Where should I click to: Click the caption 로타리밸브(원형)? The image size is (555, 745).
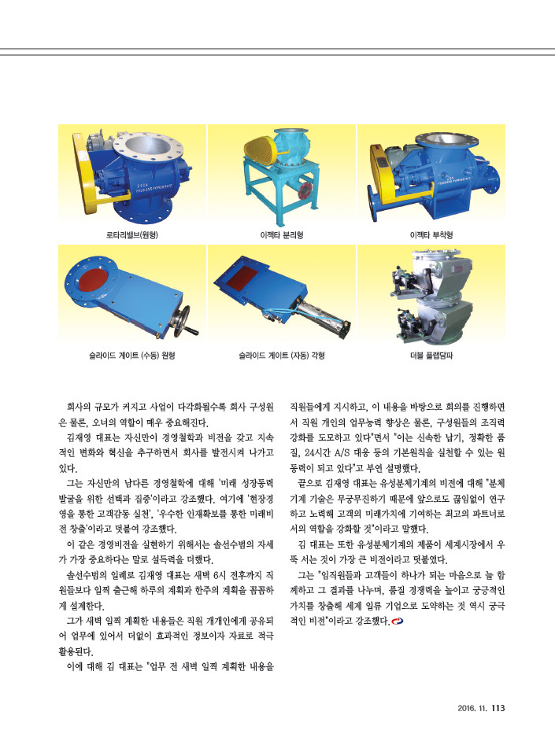coord(131,235)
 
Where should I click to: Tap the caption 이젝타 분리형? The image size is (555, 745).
coord(282,235)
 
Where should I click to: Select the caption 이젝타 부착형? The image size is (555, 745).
coord(431,235)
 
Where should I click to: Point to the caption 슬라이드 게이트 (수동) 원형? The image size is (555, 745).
coord(131,356)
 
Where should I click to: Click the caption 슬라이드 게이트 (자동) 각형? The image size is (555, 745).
coord(282,356)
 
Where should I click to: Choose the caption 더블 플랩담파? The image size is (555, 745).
coord(431,356)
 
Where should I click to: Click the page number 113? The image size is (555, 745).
coord(498,708)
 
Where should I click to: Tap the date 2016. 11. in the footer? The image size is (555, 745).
coord(472,708)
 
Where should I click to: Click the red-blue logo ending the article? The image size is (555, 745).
coord(397,621)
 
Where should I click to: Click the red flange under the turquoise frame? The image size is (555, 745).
coord(303,190)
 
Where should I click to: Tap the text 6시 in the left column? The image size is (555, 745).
coord(219,575)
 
